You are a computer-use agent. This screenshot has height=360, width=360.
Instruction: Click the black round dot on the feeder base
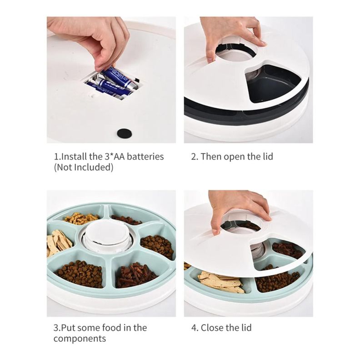125,133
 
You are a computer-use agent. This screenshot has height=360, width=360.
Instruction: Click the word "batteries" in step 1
145,156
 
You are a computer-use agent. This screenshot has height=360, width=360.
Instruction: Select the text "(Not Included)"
84,167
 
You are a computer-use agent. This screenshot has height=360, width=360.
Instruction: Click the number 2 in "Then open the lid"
194,157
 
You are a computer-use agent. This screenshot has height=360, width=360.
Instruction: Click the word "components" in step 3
80,339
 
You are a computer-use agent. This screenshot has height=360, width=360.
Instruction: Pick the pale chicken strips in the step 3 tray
58,243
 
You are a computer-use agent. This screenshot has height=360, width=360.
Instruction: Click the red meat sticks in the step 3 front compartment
135,275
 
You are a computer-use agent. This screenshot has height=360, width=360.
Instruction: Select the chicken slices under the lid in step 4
220,281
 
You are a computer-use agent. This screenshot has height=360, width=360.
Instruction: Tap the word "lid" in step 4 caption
246,328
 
